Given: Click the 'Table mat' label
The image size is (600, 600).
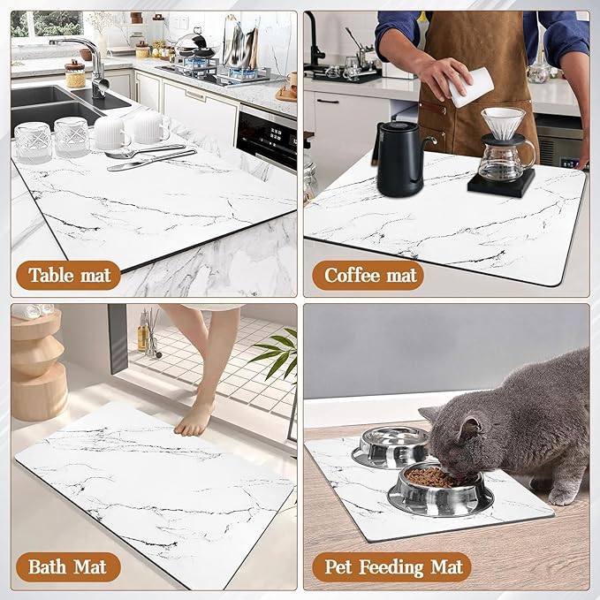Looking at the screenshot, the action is click(69, 275).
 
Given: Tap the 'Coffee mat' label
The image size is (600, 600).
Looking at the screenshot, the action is click(368, 275).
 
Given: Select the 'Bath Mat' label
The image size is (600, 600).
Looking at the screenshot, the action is click(68, 566).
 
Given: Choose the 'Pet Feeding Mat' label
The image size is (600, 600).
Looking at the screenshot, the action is click(391, 566).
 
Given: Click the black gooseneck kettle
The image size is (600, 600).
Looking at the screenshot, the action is click(400, 158).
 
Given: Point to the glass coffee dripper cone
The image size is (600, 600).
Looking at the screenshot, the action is click(503, 123).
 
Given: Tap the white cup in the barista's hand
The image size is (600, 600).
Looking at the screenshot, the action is click(470, 87).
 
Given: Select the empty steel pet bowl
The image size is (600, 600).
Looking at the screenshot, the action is click(394, 446).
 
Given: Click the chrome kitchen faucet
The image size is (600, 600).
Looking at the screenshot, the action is click(88, 65).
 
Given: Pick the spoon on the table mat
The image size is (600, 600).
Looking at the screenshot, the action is click(145, 151).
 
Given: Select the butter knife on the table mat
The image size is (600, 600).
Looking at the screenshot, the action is click(151, 160).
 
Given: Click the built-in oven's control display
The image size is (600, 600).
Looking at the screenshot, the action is click(277, 137).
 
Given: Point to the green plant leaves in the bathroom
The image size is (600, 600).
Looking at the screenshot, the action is click(277, 353).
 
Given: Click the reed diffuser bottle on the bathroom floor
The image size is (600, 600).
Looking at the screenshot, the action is click(143, 331).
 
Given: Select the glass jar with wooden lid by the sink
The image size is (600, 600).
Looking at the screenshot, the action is click(75, 74).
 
